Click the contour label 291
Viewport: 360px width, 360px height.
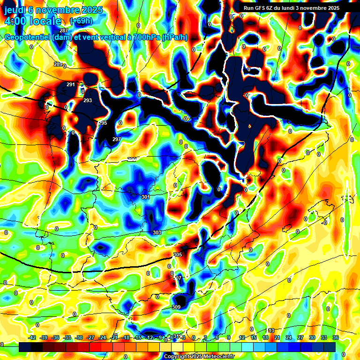coord(71,84)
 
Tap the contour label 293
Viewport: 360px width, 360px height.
coord(88,100)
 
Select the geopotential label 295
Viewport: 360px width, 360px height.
coord(103,123)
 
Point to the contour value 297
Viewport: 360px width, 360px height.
coord(117,139)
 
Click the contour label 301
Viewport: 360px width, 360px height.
coord(146,197)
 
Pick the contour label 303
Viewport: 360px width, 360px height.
coord(157,232)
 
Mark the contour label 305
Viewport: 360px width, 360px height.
coord(177,255)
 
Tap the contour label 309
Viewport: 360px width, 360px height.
coord(176,307)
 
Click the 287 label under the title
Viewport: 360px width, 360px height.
coord(64,30)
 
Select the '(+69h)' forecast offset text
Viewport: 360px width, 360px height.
coord(81,21)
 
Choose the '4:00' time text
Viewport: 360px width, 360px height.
coord(15,21)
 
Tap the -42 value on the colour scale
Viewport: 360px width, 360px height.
coord(32,337)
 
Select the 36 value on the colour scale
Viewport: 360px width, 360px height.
coord(336,337)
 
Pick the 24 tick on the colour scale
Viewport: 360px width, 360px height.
coord(287,337)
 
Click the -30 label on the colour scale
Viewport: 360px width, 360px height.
coord(79,337)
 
